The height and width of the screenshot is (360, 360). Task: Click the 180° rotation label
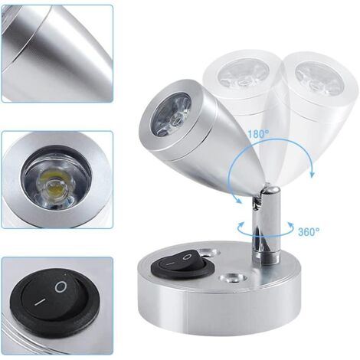(x=259, y=134)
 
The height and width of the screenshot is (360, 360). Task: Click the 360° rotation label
(x=309, y=231)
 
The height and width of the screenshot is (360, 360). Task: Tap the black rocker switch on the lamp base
(x=182, y=265)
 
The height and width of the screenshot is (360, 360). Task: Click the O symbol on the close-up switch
(x=61, y=287)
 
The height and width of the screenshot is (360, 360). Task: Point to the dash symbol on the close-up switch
(x=40, y=302)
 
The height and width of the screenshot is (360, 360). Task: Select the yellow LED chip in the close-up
(x=53, y=182)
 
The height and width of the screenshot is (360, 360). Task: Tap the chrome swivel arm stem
(x=266, y=224)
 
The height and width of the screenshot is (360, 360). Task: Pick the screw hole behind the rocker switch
(x=208, y=253)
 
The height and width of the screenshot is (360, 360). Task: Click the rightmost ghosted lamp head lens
(x=317, y=77)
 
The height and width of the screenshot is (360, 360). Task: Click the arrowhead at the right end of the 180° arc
(x=312, y=174)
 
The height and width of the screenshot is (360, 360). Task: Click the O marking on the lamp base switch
(x=188, y=257)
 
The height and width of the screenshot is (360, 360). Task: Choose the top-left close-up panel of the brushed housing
(x=57, y=54)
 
